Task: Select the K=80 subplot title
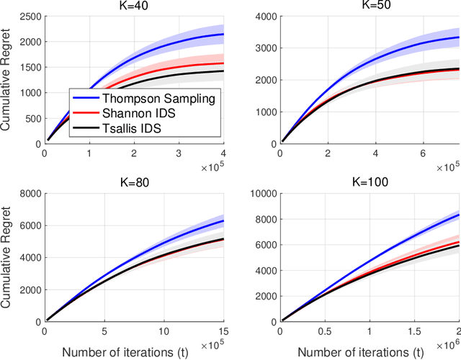point(134,182)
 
